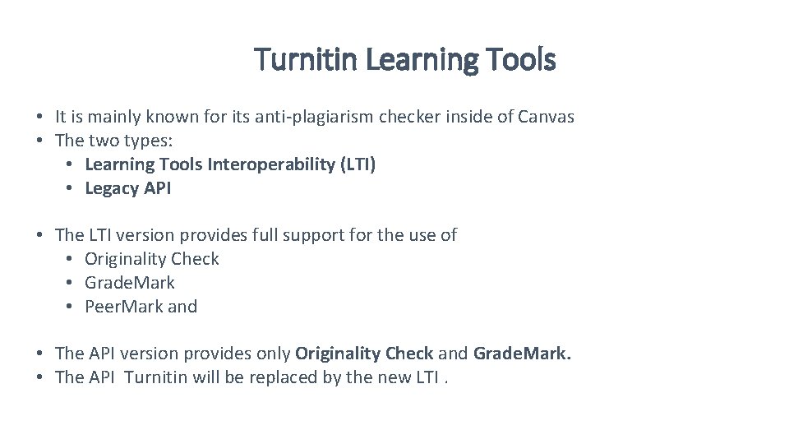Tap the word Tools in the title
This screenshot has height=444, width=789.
point(520,59)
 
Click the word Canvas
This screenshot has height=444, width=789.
point(546,117)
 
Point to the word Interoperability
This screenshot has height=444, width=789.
point(270,164)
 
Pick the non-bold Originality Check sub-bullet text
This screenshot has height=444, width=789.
point(152,259)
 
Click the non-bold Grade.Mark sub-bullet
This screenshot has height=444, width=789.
point(130,283)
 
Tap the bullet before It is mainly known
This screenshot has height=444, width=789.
point(39,117)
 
